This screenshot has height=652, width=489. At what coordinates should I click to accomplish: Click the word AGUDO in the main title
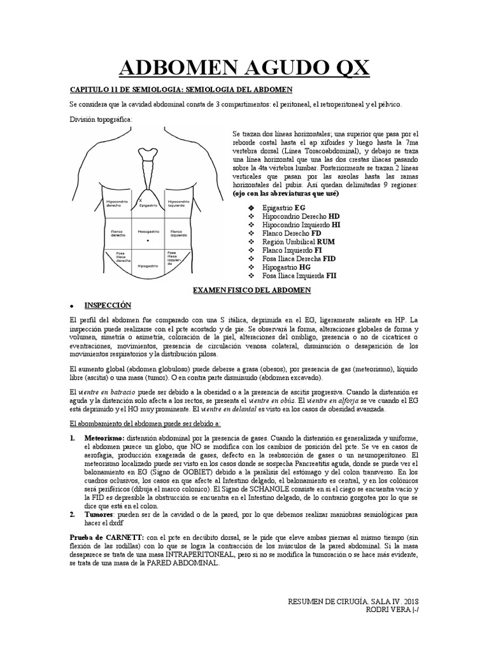[252, 66]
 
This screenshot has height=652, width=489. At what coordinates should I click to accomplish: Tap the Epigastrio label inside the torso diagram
[147, 205]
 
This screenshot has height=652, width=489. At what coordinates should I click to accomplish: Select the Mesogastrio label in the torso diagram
[147, 231]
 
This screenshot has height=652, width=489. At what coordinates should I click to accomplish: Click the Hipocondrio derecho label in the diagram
[114, 203]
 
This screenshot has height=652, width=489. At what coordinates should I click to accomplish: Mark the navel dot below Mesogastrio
[148, 242]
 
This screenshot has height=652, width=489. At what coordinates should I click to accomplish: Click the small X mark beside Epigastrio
[140, 200]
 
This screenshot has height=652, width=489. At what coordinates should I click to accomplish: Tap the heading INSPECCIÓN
[108, 305]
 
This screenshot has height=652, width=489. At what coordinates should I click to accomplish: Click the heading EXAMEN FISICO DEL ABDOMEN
[252, 290]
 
